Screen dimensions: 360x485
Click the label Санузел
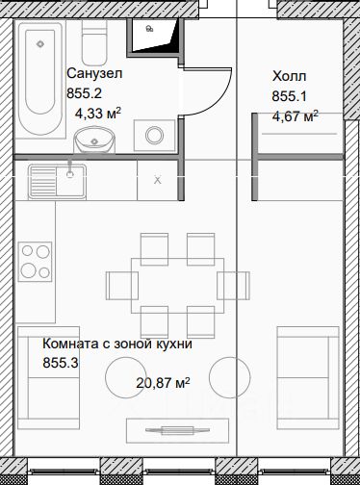tap(94, 73)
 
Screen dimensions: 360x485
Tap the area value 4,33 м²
tap(98, 113)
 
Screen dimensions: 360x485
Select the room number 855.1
tap(290, 96)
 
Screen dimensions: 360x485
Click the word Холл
tap(290, 76)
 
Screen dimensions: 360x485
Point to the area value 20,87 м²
tap(163, 382)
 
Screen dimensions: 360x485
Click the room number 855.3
tap(61, 363)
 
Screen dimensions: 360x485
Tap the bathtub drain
tap(40, 44)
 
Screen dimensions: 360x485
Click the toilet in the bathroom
tap(94, 42)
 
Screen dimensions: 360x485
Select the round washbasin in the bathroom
tap(94, 140)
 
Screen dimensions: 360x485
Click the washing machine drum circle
tap(154, 136)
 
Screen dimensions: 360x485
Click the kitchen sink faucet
tap(69, 169)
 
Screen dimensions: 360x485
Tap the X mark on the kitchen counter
tap(157, 180)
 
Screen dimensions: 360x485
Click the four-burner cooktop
tap(35, 262)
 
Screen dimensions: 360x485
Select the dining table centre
tap(177, 286)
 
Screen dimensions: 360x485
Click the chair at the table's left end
tap(122, 286)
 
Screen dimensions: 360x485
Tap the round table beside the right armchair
tap(229, 377)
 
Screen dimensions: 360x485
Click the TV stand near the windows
tap(177, 430)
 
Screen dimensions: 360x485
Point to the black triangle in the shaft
tap(172, 37)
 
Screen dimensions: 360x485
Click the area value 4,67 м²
tap(296, 115)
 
